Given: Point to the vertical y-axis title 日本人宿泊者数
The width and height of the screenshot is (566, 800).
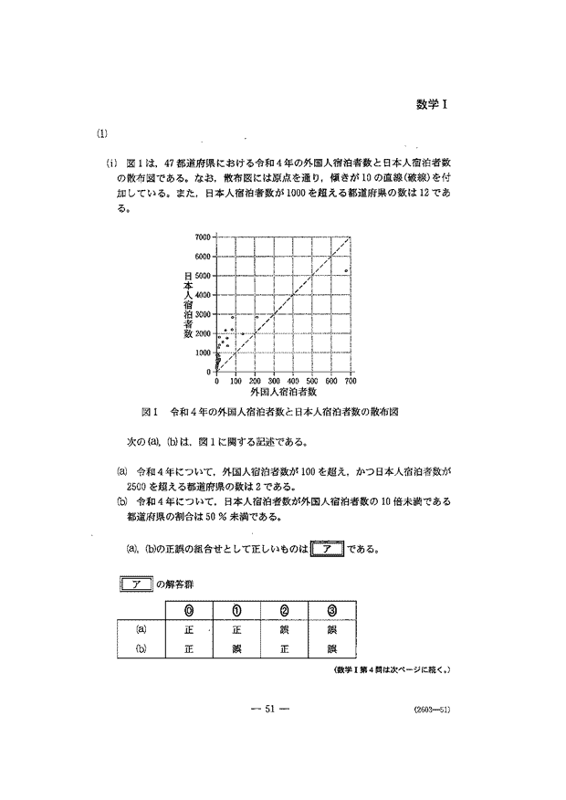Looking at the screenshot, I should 188,304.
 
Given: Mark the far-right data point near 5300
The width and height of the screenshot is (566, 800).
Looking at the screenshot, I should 346,270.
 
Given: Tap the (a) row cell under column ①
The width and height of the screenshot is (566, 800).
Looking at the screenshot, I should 237,629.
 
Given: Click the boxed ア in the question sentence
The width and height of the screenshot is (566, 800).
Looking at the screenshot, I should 326,551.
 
